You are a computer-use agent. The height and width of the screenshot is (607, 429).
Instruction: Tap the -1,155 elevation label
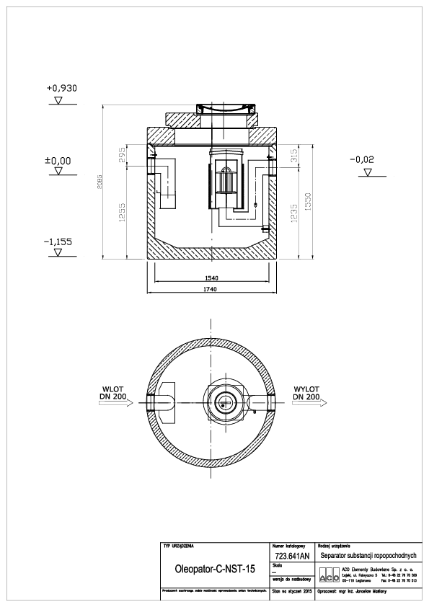click(61, 242)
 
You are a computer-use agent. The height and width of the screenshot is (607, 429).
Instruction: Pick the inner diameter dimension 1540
click(211, 278)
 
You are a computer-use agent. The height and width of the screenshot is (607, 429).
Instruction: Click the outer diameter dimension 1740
click(211, 289)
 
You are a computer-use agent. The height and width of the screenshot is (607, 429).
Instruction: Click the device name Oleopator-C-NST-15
click(215, 569)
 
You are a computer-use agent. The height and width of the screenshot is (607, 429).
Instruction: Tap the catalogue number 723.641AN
click(292, 556)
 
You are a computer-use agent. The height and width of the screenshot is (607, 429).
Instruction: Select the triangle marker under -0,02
click(368, 173)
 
